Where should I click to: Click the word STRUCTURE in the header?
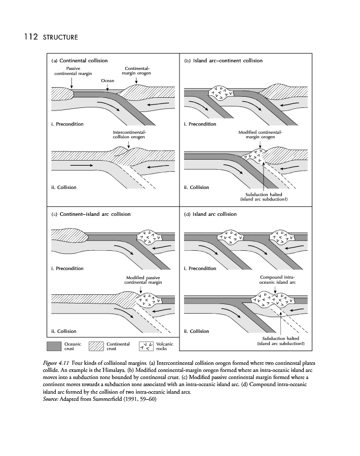(60, 37)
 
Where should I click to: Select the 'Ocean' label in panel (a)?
(107, 81)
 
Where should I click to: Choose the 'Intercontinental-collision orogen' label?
(129, 134)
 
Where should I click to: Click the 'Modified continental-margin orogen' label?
(260, 134)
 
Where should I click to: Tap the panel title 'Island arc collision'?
(215, 214)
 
